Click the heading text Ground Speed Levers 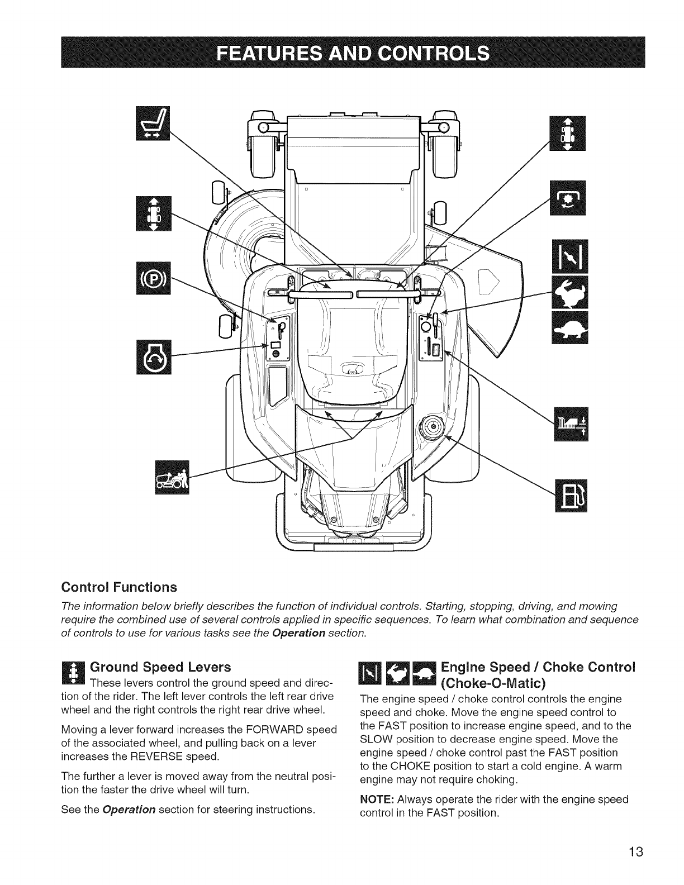tap(160, 667)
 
